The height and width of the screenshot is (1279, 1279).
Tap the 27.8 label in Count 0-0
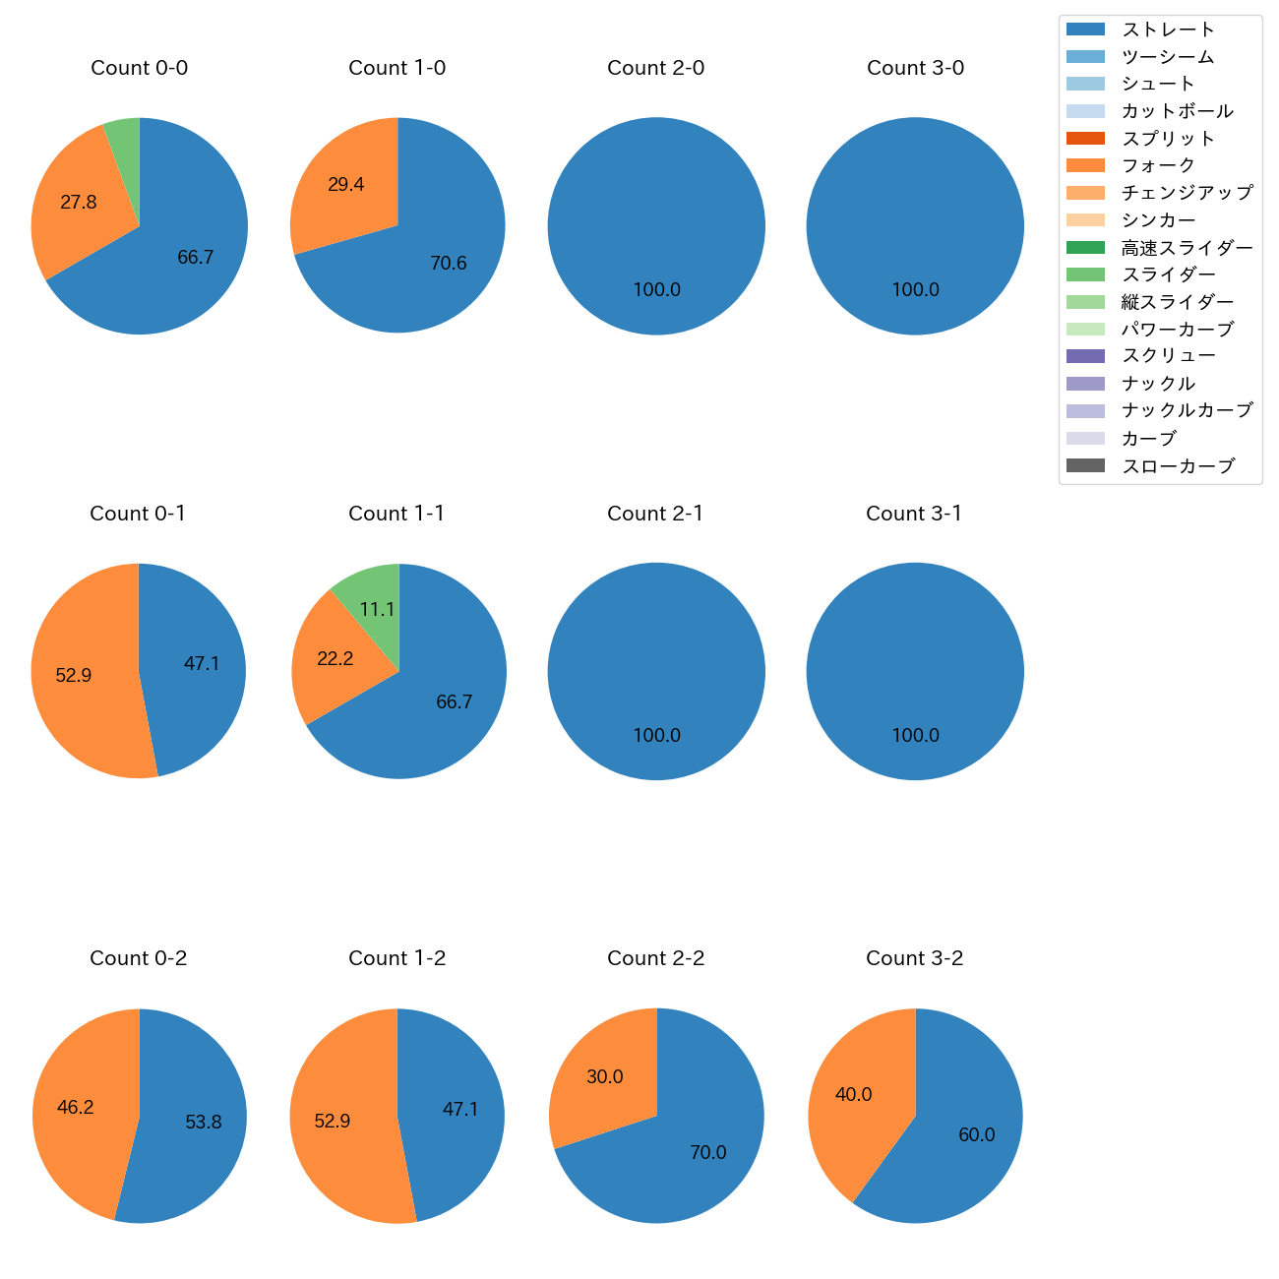click(x=79, y=203)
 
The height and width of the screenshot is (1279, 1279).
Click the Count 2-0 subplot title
click(x=655, y=68)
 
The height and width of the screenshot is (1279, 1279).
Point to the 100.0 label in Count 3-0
click(x=915, y=290)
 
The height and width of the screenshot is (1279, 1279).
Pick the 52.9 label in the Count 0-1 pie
click(x=74, y=676)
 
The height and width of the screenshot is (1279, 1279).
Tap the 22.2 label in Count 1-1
click(x=335, y=659)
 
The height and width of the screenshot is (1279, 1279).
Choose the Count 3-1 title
click(x=914, y=514)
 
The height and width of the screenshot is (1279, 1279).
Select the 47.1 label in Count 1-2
click(x=460, y=1110)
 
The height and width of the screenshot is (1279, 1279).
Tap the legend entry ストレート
click(x=1168, y=30)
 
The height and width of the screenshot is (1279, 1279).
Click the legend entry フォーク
click(x=1158, y=165)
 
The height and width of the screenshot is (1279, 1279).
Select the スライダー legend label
click(x=1168, y=274)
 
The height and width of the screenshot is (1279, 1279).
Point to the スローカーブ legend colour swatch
click(x=1085, y=465)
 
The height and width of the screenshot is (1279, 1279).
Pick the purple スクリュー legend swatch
click(x=1085, y=356)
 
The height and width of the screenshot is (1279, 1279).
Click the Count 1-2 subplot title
click(x=396, y=958)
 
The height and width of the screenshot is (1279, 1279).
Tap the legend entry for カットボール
click(x=1177, y=111)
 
